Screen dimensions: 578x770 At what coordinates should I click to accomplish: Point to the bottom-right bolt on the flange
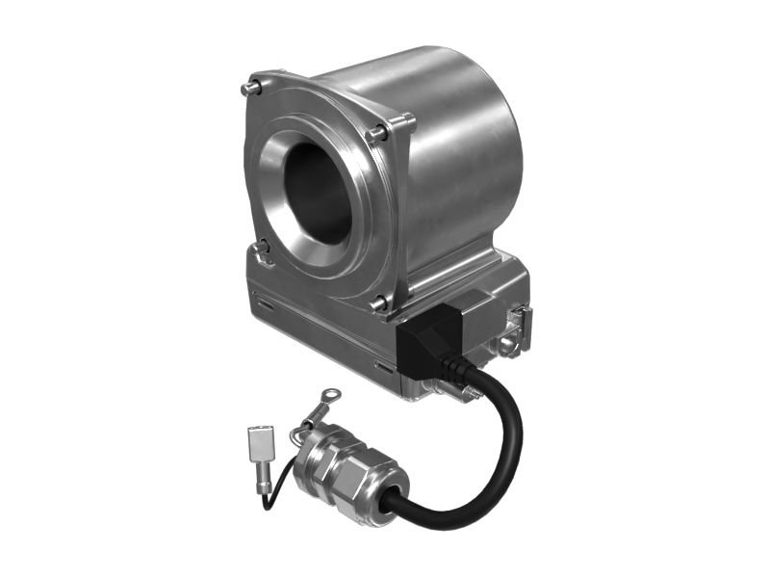(x=378, y=303)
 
